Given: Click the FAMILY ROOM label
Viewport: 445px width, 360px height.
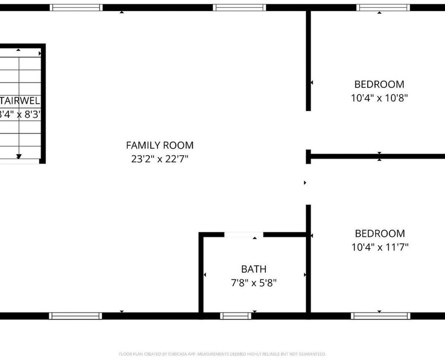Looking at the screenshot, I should tap(159, 145).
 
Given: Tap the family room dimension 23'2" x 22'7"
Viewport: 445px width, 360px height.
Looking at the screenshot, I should tap(159, 158).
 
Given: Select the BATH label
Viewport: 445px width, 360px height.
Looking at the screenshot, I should tap(254, 269).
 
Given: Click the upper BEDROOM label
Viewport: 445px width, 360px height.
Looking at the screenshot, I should tap(379, 84).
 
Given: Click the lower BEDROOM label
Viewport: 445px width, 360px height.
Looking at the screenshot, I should tap(379, 233).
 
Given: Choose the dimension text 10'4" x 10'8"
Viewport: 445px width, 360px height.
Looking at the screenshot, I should tap(379, 98).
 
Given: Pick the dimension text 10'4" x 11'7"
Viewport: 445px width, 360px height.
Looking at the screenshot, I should tap(379, 247).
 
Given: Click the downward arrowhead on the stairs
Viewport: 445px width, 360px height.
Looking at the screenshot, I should tap(19, 156).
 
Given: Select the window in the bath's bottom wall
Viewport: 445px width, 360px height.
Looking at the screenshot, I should tap(236, 316).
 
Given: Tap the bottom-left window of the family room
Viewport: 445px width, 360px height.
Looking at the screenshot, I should tap(75, 316).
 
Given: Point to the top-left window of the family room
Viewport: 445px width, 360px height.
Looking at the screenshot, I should tap(76, 7).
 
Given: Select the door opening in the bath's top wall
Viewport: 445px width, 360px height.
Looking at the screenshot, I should tap(244, 235).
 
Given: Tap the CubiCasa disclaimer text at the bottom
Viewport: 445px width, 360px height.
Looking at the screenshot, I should tap(222, 354).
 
